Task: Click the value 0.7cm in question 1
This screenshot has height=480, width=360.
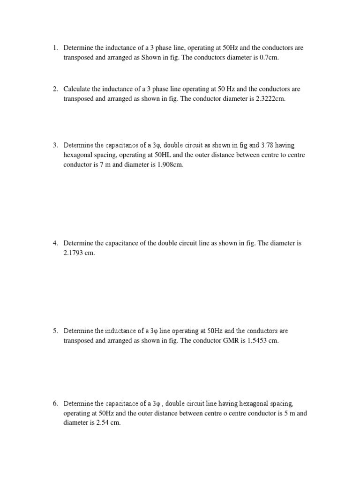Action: point(270,58)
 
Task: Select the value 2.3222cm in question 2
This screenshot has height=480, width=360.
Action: point(268,99)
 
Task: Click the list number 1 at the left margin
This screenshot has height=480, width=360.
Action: point(55,47)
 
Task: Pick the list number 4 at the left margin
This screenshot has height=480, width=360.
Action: point(55,243)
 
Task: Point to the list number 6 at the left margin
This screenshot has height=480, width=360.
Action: point(55,403)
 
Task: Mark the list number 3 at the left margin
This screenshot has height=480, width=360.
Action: point(55,145)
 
